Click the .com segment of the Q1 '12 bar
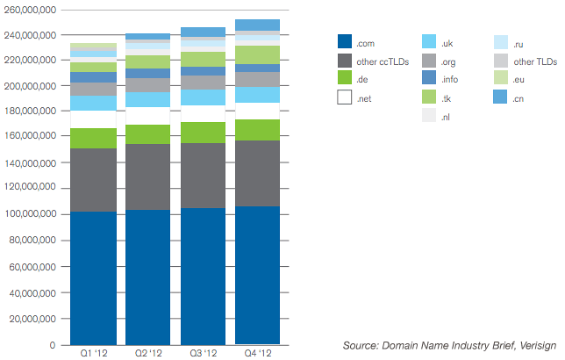pos(93,278)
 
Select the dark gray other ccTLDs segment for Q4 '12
pos(257,174)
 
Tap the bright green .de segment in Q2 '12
pos(147,134)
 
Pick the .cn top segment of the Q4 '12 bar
pos(257,25)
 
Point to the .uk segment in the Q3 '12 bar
pos(203,97)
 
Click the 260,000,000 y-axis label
pos(30,10)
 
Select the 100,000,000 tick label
pos(30,213)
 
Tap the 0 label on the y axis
pos(53,345)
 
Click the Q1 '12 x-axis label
pos(94,353)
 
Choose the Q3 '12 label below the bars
pos(204,353)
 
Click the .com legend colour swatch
pos(345,41)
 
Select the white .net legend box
pos(345,97)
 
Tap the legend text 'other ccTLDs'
pos(383,61)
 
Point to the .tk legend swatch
pos(429,97)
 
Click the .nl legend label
pos(446,118)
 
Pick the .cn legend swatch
pos(500,97)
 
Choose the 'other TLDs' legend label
pos(535,61)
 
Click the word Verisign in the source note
pos(538,346)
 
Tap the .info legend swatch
pos(429,77)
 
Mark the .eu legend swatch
pos(501,77)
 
